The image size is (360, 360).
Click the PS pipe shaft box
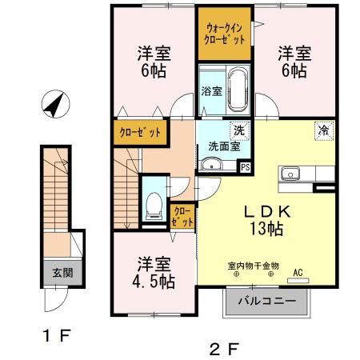pos(245,167)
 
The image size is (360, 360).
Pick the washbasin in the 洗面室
pos(211,166)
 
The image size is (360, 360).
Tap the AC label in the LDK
pos(298,272)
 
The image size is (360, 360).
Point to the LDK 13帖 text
pos(266,219)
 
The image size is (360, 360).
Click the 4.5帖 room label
pos(154,272)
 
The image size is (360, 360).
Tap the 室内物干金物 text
pos(253,265)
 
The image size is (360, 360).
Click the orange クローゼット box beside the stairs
pos(140,133)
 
